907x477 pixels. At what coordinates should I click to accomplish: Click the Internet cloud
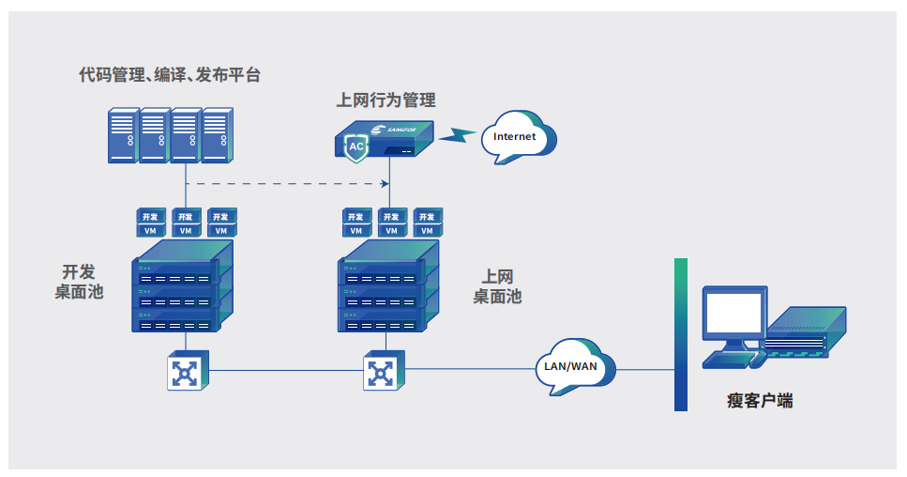pos(519,137)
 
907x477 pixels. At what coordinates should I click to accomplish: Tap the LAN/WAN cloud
pos(575,367)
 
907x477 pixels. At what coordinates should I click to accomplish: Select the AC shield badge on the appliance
pos(355,147)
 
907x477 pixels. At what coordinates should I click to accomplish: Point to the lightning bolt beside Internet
pos(457,135)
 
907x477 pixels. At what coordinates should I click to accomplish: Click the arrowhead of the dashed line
pos(385,183)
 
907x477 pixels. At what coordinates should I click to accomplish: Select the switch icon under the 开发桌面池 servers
pos(188,371)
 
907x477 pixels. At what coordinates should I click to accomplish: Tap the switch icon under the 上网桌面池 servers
pos(384,371)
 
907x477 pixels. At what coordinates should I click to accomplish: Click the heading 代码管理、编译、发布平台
pos(170,75)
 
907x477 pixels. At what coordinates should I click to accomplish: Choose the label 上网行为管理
pos(385,100)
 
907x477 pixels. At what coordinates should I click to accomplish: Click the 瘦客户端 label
pos(760,401)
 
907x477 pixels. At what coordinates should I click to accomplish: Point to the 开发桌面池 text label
pos(79,282)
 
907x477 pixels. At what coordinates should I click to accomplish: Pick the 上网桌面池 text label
pos(497,286)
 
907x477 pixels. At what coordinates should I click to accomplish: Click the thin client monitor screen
pos(734,313)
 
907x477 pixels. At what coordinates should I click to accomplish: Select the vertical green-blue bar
pos(681,334)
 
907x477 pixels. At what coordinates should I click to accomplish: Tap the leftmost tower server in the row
pos(124,135)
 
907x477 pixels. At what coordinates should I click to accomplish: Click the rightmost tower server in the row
pos(218,135)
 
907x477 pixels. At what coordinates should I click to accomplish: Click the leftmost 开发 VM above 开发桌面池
pos(151,223)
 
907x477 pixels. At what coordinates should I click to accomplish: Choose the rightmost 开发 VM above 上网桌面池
pos(428,223)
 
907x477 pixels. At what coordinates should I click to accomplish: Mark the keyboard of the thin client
pos(727,360)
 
